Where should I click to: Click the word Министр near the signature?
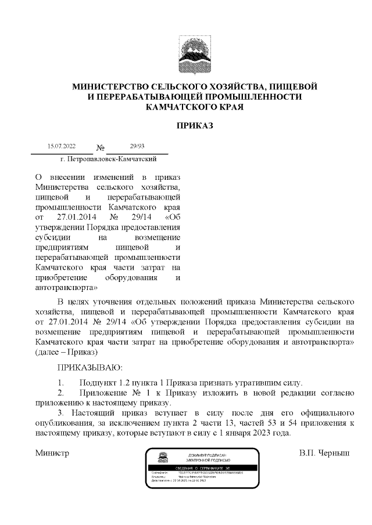pos(52,452)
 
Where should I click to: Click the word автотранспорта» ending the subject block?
pos(66,287)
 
